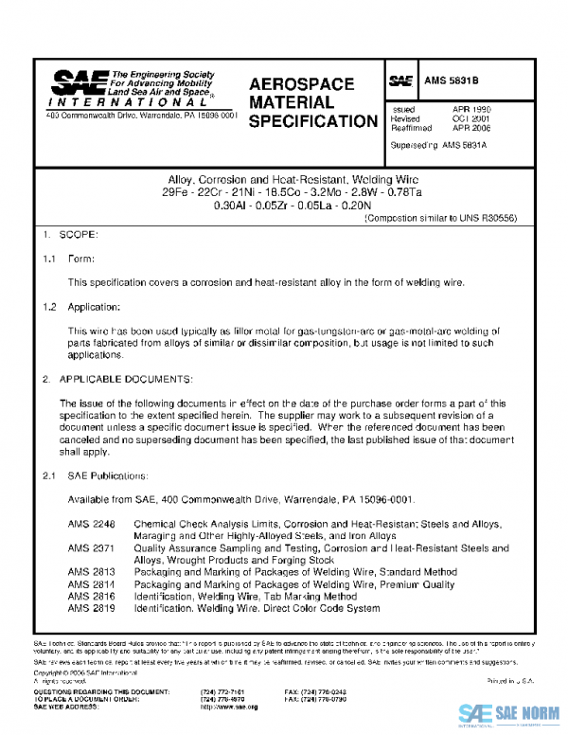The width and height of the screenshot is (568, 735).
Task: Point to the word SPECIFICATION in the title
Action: coord(312,121)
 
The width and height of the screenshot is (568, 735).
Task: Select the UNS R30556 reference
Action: coord(493,218)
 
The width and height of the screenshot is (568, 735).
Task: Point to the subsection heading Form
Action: coord(80,258)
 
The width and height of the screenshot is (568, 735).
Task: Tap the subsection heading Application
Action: coord(93,307)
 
